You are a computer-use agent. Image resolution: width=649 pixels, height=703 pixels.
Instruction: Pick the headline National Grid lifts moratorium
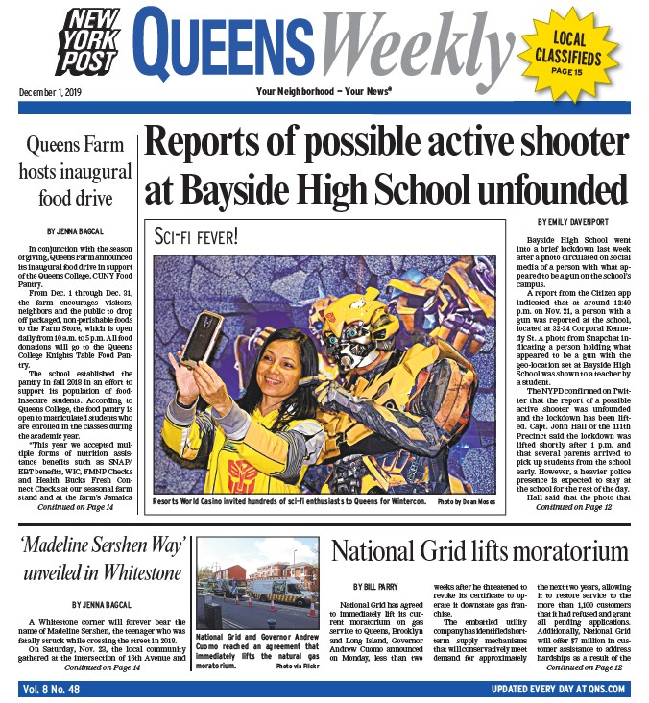coord(466,551)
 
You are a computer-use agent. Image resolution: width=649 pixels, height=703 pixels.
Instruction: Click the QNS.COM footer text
coord(604,690)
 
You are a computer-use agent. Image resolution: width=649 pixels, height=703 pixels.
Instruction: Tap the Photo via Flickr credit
coord(300,666)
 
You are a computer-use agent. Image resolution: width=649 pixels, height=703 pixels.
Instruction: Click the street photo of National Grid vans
coord(258,583)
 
